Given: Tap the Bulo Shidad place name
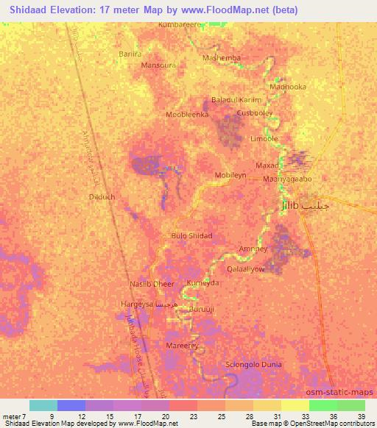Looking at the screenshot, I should [191, 236].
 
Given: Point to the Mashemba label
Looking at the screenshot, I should [221, 57].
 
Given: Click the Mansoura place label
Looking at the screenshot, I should [158, 65].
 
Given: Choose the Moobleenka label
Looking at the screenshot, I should [188, 115].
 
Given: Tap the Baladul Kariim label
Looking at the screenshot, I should [236, 99].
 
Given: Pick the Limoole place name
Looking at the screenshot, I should [264, 138].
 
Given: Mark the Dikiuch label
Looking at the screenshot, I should [102, 197].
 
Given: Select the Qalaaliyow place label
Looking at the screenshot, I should [263, 268].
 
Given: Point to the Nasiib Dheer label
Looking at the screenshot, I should [152, 284].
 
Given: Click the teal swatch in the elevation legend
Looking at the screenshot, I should [43, 405].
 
